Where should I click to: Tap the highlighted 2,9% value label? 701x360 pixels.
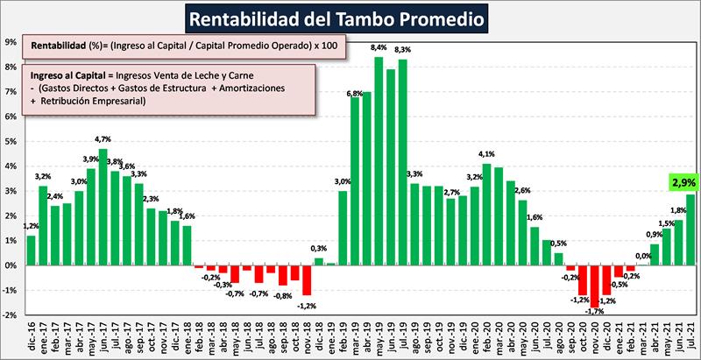[x=684, y=183]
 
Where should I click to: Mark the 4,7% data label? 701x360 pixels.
[x=103, y=138]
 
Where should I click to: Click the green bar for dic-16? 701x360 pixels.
[x=32, y=250]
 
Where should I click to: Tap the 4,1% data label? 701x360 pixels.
[x=487, y=154]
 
